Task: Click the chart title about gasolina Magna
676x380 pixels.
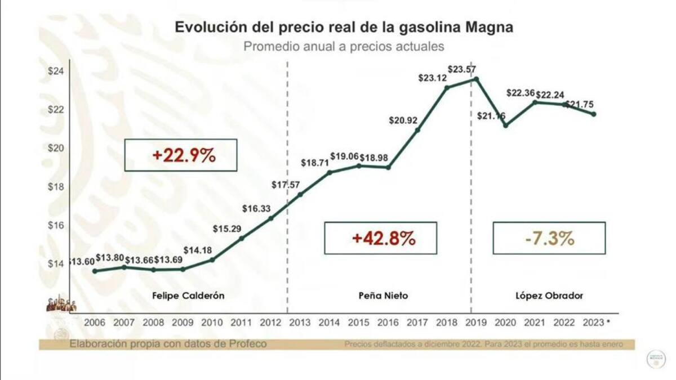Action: click(x=344, y=28)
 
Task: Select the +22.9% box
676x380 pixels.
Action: click(x=180, y=155)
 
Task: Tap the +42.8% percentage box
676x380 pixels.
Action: click(x=380, y=238)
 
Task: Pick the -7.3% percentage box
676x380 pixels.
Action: click(x=549, y=238)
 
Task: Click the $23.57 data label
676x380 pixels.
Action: click(x=465, y=69)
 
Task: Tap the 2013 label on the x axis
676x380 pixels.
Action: click(x=299, y=323)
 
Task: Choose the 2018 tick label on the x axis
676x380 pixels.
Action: click(x=447, y=323)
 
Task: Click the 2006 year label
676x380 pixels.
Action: click(x=95, y=323)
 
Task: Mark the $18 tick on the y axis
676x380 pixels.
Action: click(x=56, y=187)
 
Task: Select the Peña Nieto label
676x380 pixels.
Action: click(x=383, y=296)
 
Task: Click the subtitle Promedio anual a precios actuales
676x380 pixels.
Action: click(x=344, y=46)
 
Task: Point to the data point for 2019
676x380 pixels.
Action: click(x=477, y=79)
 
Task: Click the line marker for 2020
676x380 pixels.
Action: click(x=506, y=125)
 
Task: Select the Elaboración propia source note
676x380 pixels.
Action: click(x=167, y=344)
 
